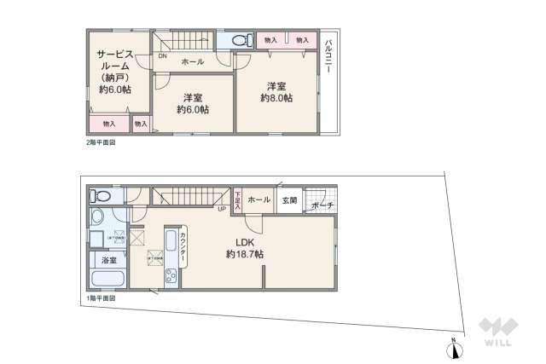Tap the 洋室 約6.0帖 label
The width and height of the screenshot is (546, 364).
(x=194, y=103)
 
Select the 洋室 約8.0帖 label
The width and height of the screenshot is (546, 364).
(x=276, y=92)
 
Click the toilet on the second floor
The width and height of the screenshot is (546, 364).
(x=240, y=39)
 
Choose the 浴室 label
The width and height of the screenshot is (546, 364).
(x=109, y=259)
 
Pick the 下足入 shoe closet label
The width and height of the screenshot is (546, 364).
(x=238, y=200)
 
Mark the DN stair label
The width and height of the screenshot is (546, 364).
(x=162, y=56)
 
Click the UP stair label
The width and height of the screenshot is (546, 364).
(x=221, y=210)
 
